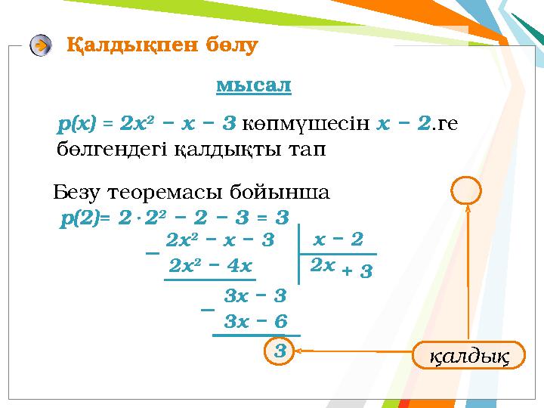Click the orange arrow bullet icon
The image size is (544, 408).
pyautogui.click(x=42, y=45)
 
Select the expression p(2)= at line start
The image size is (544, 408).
pyautogui.click(x=85, y=218)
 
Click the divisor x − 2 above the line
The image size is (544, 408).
pyautogui.click(x=338, y=240)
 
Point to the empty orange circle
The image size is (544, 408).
pyautogui.click(x=466, y=190)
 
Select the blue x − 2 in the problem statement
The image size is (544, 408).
pyautogui.click(x=404, y=123)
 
